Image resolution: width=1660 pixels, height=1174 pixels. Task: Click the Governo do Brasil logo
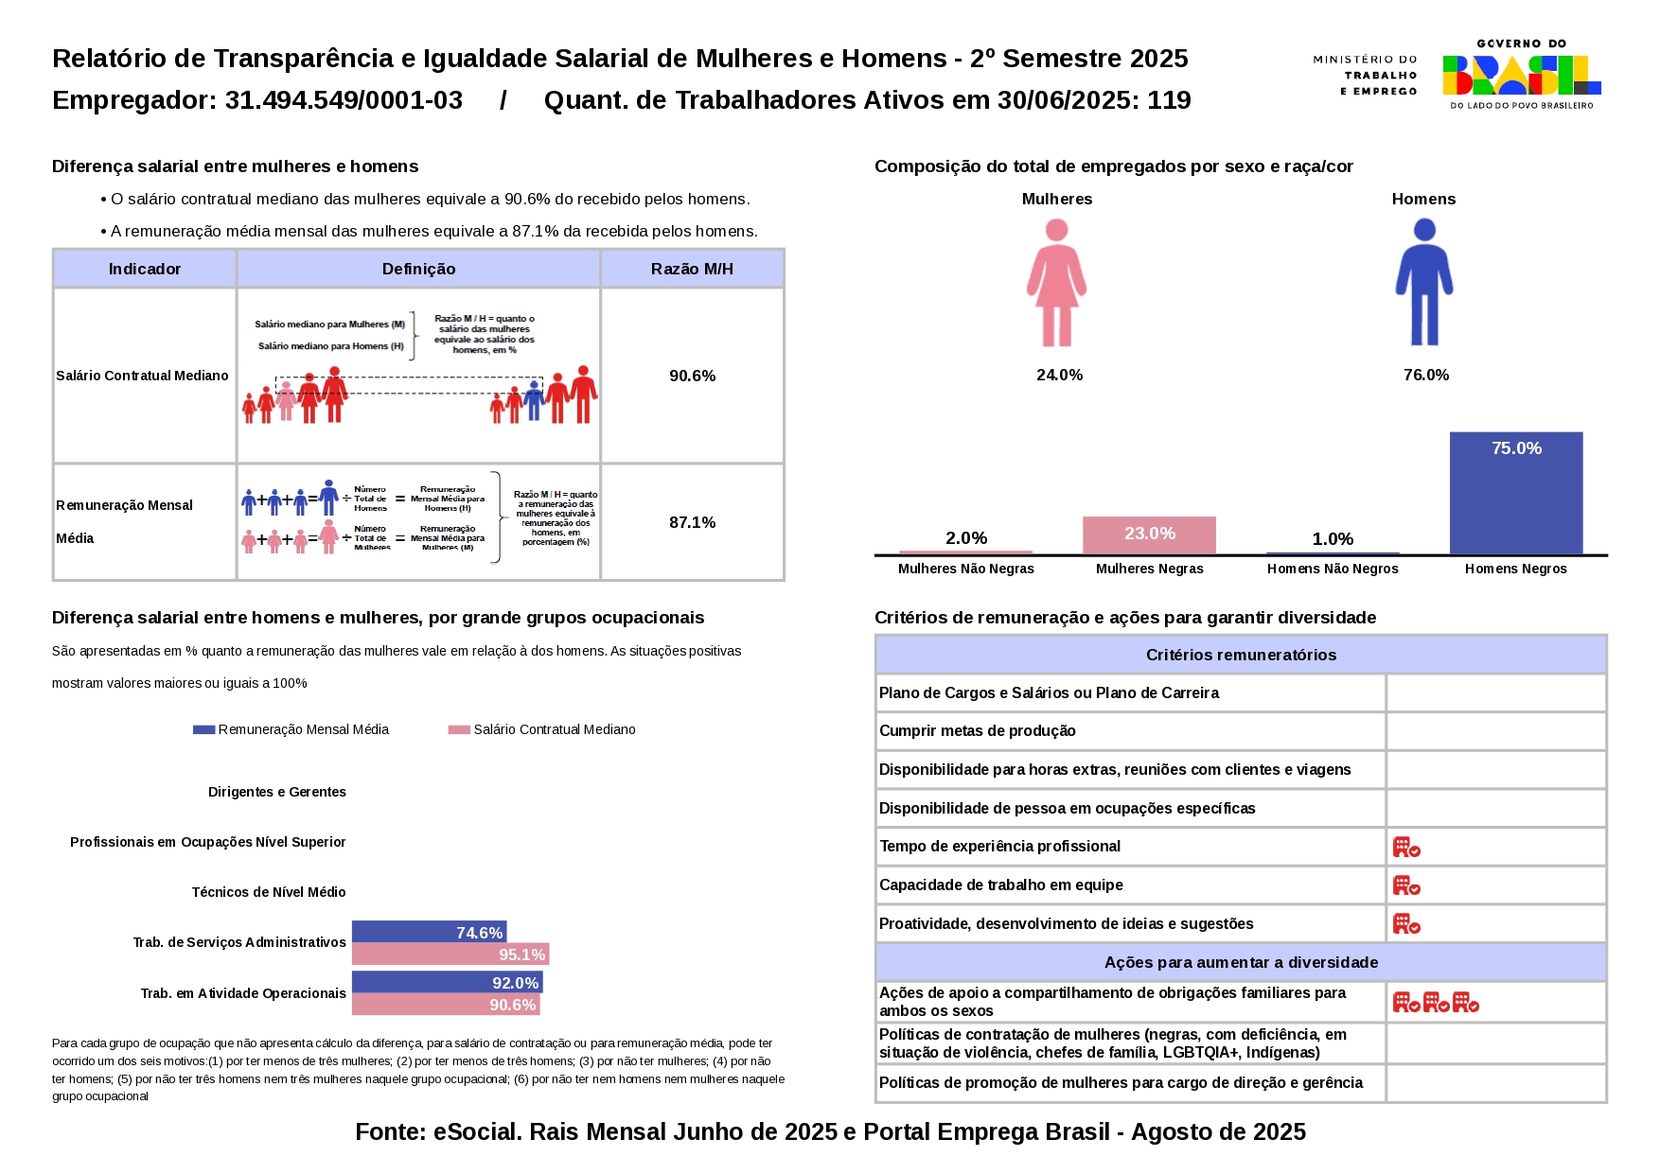pos(1521,75)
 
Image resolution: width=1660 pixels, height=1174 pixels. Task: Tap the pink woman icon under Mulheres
pos(1056,283)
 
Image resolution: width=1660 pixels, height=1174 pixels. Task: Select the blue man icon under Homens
pos(1423,283)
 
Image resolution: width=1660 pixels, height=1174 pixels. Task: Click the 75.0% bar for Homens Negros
pos(1515,493)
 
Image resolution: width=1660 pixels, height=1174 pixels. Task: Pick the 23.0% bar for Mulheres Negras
pos(1149,535)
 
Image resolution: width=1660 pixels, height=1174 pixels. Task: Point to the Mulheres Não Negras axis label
pos(965,569)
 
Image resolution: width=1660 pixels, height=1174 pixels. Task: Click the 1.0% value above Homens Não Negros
pos(1333,539)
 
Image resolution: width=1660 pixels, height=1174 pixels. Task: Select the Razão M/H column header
pos(692,269)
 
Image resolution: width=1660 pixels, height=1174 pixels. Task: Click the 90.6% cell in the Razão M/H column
pos(692,376)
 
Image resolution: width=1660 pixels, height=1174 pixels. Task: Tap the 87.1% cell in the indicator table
pos(692,522)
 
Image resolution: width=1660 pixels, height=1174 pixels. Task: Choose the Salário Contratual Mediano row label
pos(142,376)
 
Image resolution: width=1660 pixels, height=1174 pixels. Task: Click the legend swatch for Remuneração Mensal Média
pos(203,729)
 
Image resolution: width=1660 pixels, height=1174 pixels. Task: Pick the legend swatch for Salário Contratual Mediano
pos(459,729)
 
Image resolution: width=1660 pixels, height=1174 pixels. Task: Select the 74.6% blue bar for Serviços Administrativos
pos(429,932)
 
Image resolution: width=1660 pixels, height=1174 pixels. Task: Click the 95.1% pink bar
pos(450,955)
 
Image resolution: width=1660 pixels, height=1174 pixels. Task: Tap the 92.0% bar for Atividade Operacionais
pos(447,982)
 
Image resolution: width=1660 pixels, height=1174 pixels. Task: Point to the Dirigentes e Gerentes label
pos(276,792)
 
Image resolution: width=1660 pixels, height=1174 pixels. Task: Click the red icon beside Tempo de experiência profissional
pos(1406,847)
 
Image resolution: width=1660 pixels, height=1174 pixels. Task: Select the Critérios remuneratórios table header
pos(1241,655)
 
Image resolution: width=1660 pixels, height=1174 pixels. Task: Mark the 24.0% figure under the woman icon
pos(1059,375)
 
